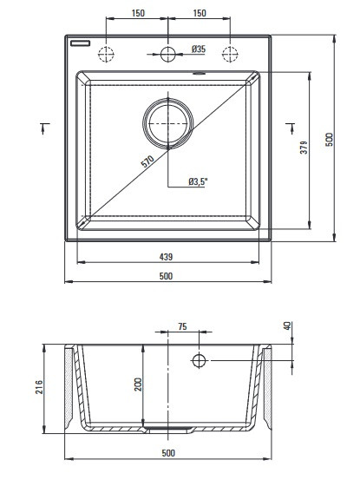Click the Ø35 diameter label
(x=199, y=49)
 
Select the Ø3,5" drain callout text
(x=198, y=181)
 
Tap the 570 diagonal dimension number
(x=147, y=161)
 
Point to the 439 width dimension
(x=166, y=257)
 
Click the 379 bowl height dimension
(x=304, y=148)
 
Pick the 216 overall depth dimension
(x=39, y=387)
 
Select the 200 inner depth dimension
(x=138, y=385)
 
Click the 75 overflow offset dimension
(x=182, y=326)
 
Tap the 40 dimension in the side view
(x=287, y=325)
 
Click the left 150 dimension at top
(x=138, y=13)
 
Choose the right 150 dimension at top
(x=200, y=13)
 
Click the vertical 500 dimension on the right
(x=329, y=140)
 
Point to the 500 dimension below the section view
(x=168, y=453)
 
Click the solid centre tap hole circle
(x=168, y=54)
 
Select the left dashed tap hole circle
(x=106, y=54)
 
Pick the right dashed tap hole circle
(x=230, y=54)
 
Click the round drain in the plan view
(x=168, y=123)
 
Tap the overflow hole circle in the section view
(x=199, y=360)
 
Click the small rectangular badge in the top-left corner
(x=80, y=43)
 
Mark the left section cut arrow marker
(x=44, y=128)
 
